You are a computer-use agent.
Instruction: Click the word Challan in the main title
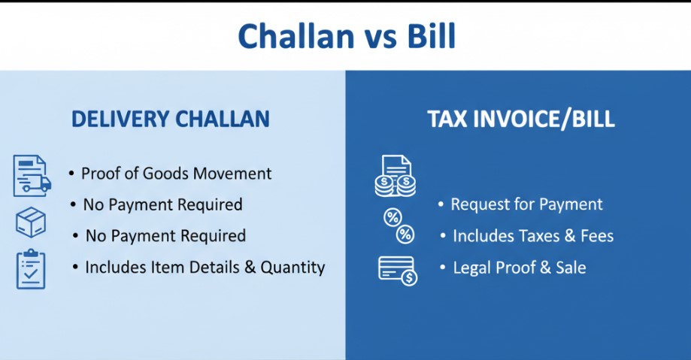296,36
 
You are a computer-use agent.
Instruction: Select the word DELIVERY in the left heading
120,119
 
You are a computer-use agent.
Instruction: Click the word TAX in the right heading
447,119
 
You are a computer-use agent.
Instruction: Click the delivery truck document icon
32,175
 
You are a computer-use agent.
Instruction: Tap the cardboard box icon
31,222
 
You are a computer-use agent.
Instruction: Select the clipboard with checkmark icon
31,269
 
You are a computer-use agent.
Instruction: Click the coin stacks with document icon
396,175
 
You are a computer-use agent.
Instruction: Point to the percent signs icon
399,226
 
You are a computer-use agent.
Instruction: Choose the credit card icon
398,271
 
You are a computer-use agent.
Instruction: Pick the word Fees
597,236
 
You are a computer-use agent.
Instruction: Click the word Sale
571,268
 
